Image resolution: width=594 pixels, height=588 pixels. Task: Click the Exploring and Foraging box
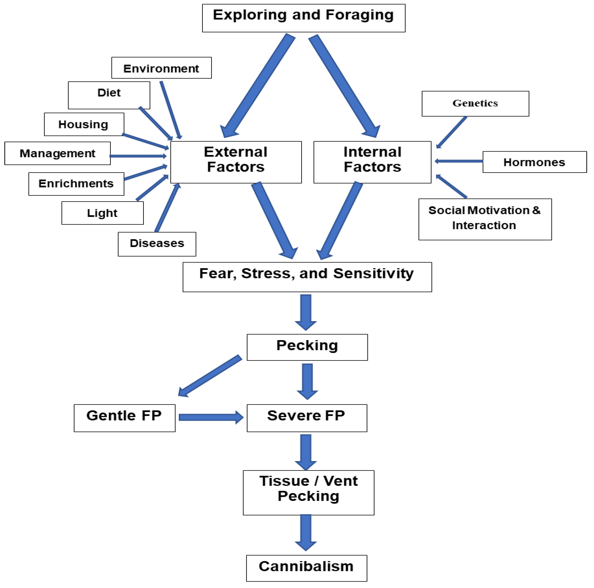click(303, 18)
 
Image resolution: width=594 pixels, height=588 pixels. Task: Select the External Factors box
click(236, 162)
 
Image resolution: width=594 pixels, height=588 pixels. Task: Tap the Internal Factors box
click(372, 162)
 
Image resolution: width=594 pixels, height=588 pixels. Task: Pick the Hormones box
click(534, 162)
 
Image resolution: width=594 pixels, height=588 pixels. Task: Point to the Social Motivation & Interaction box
click(485, 219)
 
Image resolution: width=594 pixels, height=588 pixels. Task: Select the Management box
click(58, 153)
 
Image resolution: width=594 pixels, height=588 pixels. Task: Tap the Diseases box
click(157, 244)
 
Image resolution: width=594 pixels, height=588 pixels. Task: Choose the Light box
click(102, 213)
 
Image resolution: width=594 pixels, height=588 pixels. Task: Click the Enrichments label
click(76, 183)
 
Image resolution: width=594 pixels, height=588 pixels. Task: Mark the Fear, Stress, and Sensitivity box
click(307, 277)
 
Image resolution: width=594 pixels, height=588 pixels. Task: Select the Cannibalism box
click(306, 568)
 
